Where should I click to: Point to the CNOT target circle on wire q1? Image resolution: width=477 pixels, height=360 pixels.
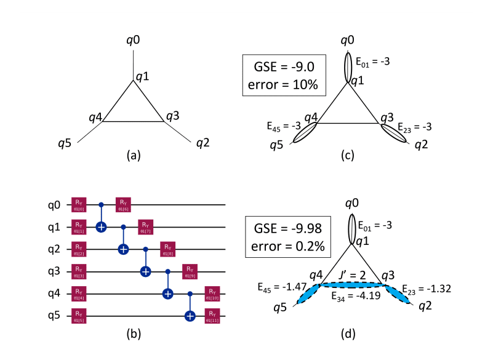pyautogui.click(x=101, y=227)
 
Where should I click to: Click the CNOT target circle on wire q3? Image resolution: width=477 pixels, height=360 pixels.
pyautogui.click(x=146, y=271)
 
